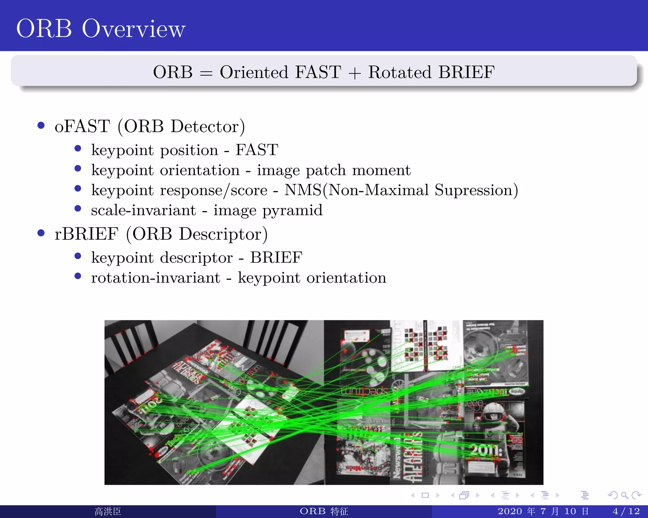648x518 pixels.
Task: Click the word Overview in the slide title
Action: (x=134, y=29)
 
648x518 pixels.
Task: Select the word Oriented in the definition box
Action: (x=254, y=72)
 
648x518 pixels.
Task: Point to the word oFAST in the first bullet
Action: (x=82, y=126)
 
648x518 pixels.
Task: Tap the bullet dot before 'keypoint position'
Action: (x=78, y=148)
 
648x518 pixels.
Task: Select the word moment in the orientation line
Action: (x=381, y=170)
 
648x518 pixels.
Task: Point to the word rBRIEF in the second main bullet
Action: (x=86, y=234)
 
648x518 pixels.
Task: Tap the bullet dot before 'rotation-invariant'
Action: (x=78, y=276)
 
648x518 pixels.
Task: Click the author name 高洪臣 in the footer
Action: (x=108, y=511)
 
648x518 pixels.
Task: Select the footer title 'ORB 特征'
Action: (x=324, y=511)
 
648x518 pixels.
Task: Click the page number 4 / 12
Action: (x=626, y=511)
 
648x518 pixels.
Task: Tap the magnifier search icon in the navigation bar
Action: (x=624, y=495)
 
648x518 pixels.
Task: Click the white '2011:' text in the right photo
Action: (x=486, y=450)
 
